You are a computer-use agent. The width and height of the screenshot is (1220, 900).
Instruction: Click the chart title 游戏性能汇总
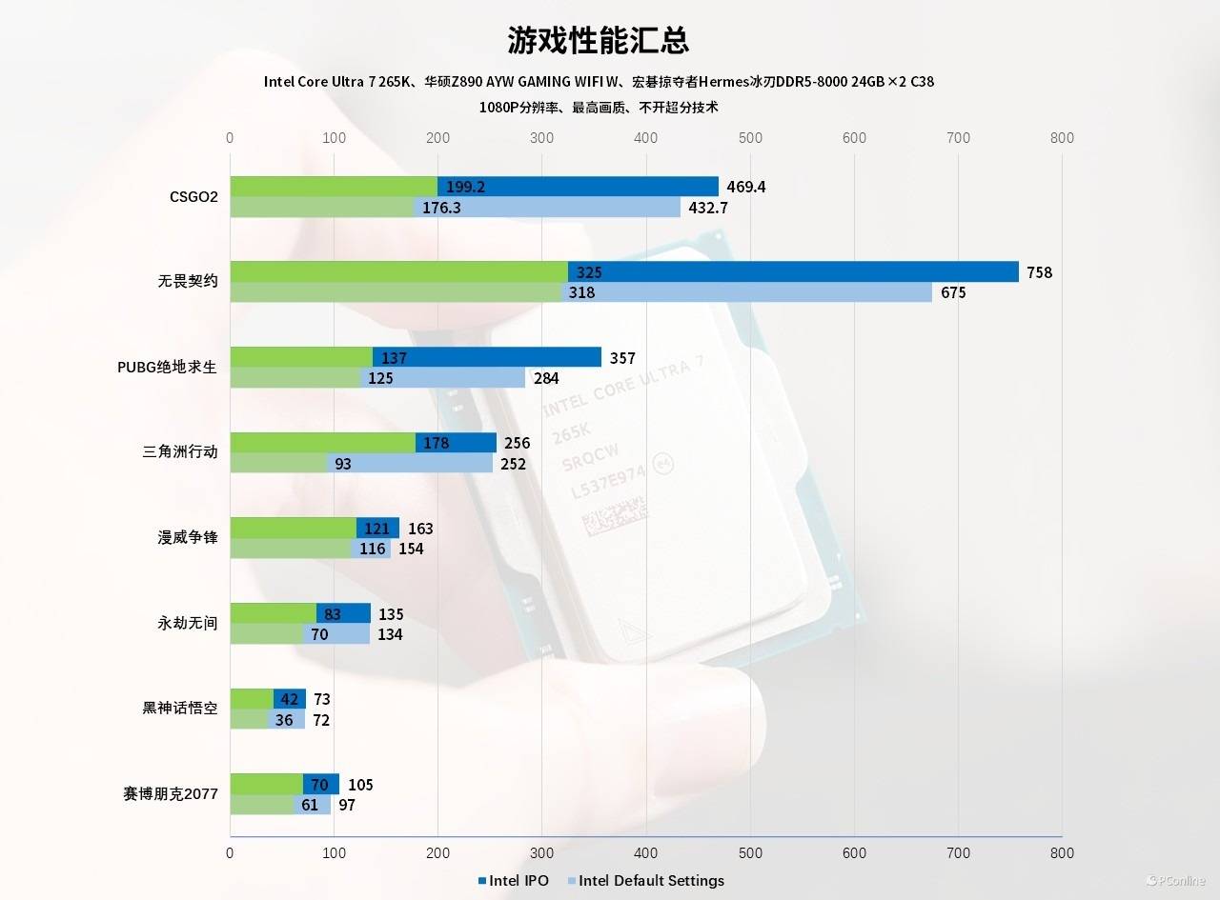pos(598,41)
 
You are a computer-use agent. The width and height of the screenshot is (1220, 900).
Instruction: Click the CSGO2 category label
pos(194,197)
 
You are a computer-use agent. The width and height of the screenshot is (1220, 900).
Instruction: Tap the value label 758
pos(1039,272)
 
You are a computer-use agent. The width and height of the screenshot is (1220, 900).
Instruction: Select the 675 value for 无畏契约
pos(953,292)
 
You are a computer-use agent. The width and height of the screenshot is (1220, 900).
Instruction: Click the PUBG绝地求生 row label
pos(167,367)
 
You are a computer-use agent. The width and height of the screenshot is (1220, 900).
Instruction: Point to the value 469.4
pos(745,187)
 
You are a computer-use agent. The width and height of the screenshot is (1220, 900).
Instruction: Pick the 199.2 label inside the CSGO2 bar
pos(465,187)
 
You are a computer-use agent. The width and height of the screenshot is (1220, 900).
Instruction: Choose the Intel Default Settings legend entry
pos(651,880)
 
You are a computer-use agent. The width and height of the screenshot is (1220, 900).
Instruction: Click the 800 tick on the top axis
pos(1061,138)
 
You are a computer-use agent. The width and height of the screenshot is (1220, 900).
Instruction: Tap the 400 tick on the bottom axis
pos(646,853)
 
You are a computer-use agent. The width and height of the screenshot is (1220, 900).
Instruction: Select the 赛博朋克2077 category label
pos(171,794)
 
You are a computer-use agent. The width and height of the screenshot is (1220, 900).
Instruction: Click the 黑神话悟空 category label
pos(180,709)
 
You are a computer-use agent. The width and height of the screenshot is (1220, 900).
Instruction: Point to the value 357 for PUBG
pos(622,358)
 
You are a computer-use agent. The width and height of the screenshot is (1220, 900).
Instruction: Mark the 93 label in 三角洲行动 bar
pos(343,464)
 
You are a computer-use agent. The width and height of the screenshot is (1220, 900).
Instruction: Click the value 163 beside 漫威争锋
pos(420,529)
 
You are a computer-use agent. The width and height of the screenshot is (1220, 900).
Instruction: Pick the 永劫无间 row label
pos(188,623)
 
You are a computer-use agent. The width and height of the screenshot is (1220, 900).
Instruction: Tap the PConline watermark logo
pos(1175,880)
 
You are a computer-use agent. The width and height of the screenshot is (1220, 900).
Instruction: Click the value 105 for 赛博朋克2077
pos(360,785)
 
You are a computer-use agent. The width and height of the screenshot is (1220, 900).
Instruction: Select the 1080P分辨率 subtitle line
pos(599,108)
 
